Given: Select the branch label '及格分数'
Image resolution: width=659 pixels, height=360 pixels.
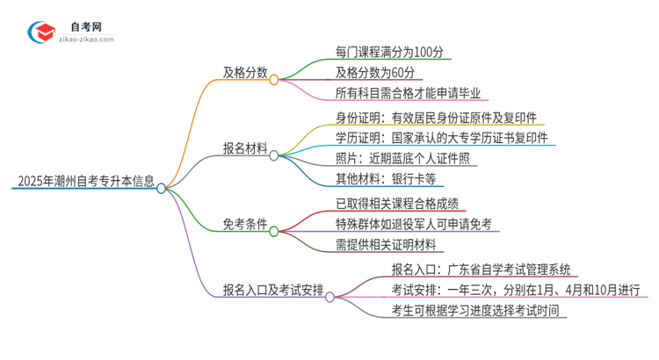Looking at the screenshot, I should (245, 74).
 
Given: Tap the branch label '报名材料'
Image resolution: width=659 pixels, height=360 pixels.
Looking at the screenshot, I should (245, 149).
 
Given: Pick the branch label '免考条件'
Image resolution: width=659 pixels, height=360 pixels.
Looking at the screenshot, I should (245, 226).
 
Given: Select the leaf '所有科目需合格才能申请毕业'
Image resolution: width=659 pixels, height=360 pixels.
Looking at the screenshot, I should (408, 94).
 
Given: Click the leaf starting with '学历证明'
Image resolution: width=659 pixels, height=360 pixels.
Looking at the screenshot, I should (441, 138).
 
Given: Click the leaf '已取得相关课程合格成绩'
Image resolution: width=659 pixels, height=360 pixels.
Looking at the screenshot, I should (397, 204).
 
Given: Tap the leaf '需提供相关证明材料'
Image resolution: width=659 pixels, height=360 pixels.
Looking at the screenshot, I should (386, 247).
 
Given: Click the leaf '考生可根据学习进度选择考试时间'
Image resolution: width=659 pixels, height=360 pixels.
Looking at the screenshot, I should (479, 312).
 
